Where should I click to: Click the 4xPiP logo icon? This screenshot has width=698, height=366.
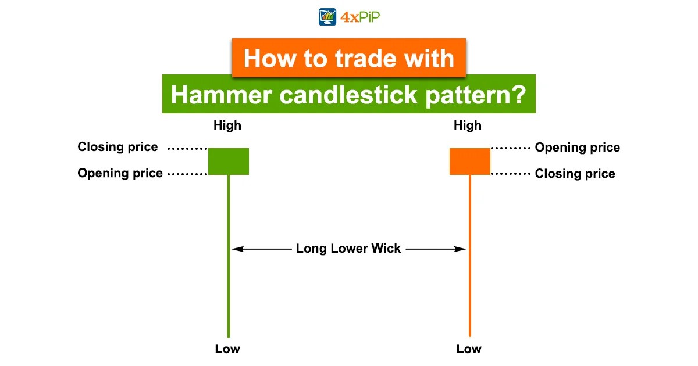(x=328, y=16)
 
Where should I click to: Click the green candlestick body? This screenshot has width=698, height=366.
(x=229, y=162)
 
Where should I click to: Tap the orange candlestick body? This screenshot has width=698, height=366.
(x=470, y=162)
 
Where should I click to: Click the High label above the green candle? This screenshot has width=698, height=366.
(x=227, y=125)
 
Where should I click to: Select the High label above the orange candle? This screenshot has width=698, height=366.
(x=468, y=125)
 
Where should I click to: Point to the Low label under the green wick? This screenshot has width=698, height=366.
(x=227, y=349)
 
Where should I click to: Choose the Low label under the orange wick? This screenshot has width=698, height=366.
(x=469, y=349)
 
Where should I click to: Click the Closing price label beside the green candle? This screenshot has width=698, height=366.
(x=117, y=147)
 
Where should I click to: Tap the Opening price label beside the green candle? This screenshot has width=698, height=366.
(x=120, y=173)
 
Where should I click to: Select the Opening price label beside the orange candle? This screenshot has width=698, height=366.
(x=577, y=148)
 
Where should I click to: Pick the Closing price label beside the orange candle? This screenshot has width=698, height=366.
(x=575, y=174)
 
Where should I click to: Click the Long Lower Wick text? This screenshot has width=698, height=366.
(x=348, y=249)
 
